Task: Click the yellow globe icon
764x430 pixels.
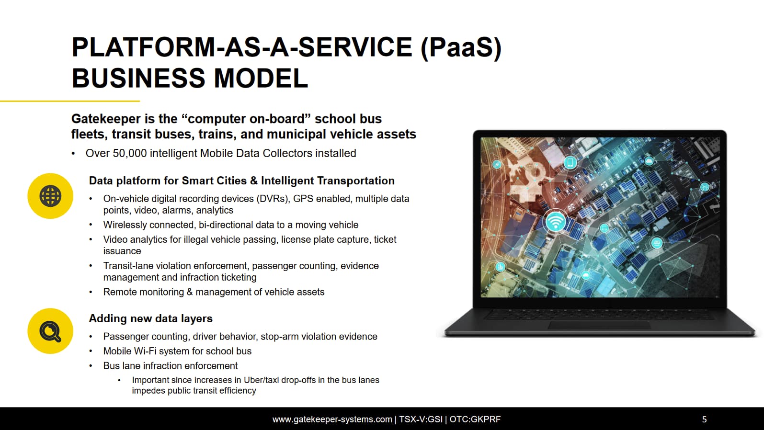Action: click(x=50, y=196)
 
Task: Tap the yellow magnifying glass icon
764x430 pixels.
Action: click(x=50, y=331)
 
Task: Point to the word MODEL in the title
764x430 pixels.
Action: click(x=261, y=78)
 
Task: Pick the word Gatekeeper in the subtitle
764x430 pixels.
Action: click(x=106, y=119)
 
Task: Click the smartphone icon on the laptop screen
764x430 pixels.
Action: click(x=570, y=162)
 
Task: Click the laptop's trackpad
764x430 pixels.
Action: click(x=600, y=325)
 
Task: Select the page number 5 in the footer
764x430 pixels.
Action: click(x=704, y=419)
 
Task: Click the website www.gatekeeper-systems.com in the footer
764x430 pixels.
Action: click(x=332, y=419)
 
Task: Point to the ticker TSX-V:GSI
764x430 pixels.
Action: click(x=421, y=419)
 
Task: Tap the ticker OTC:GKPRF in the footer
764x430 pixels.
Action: click(x=475, y=419)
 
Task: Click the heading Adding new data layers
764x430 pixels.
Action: click(x=151, y=318)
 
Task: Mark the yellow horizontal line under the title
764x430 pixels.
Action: click(x=70, y=101)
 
